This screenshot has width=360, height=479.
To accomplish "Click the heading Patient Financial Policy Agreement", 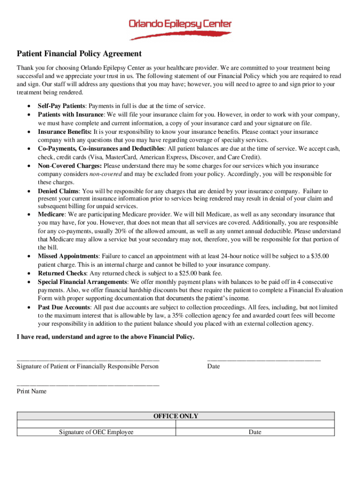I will point(79,54).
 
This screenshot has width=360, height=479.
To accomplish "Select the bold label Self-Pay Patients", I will point(61,106).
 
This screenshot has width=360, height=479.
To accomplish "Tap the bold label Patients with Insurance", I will point(71,115).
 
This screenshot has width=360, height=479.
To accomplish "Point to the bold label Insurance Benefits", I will point(65,132).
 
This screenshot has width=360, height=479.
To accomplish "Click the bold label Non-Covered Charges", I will point(70,166).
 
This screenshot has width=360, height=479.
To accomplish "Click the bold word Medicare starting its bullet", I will point(51,214).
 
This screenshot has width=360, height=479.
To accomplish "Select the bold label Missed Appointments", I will point(68,256).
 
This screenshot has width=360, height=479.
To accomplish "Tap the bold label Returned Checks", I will point(62,273).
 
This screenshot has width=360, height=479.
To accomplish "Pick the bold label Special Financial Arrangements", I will point(82,282).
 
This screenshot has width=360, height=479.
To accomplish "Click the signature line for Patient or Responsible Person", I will point(88,359).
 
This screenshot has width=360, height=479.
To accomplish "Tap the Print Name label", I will point(32,391).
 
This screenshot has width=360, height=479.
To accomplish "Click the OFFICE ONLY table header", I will point(176,416).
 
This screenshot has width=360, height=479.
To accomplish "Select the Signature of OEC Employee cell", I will point(96,432).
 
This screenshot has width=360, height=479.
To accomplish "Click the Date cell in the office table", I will point(255,432).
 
